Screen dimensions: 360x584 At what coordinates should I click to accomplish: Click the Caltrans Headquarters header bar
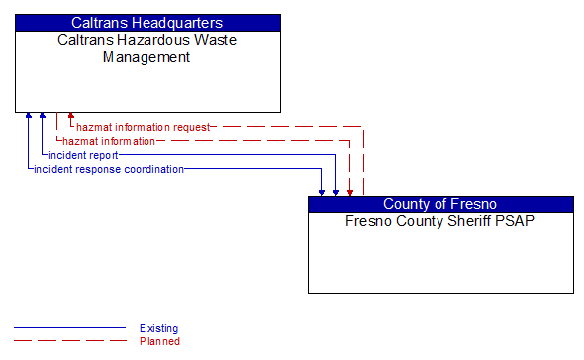pos(147,22)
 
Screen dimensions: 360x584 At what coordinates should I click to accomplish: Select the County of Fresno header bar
pos(440,204)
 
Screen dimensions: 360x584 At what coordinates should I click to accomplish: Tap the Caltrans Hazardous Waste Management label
pos(147,48)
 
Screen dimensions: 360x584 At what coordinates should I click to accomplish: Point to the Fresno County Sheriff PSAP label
pos(440,220)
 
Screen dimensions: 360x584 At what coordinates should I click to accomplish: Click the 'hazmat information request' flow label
pos(144,127)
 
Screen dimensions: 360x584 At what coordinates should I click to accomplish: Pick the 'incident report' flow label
pos(83,155)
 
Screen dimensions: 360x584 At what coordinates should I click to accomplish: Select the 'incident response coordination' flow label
pos(110,169)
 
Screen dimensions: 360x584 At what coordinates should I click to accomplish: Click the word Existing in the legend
pos(159,328)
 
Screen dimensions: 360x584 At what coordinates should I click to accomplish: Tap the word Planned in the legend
pos(159,341)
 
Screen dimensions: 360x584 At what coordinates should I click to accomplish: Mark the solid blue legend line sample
pos(70,328)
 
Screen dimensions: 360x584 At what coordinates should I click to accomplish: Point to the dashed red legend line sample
pos(70,341)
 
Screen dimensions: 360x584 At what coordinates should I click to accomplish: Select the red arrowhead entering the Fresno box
pos(349,191)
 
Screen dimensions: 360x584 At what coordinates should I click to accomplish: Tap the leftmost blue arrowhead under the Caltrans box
pos(29,117)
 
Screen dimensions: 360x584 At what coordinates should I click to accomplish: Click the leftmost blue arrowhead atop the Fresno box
pos(322,191)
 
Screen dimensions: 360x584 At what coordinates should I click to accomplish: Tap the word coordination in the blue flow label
pos(152,169)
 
